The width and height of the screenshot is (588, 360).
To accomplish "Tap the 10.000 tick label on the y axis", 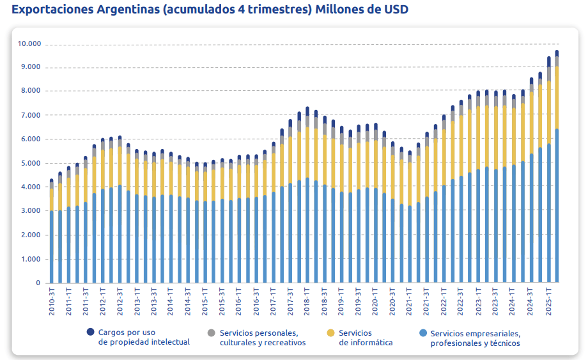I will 29,44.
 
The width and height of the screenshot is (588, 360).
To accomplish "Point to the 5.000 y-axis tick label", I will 30,163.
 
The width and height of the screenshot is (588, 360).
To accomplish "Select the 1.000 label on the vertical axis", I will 30,259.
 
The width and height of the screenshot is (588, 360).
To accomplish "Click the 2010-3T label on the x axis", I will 52,301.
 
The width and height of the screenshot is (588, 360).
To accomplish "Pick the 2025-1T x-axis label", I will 548,301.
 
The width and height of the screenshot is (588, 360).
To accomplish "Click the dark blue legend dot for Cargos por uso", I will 91,332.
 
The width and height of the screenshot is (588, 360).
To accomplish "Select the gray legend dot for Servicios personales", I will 212,333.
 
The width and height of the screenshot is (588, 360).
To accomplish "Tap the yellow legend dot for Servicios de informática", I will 330,333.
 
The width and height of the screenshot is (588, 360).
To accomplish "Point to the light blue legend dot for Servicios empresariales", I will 422,333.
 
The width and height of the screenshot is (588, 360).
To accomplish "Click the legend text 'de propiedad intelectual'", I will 144,342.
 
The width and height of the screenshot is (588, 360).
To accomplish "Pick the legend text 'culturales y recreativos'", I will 263,343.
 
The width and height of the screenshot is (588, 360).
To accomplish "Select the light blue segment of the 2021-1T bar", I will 410,243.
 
